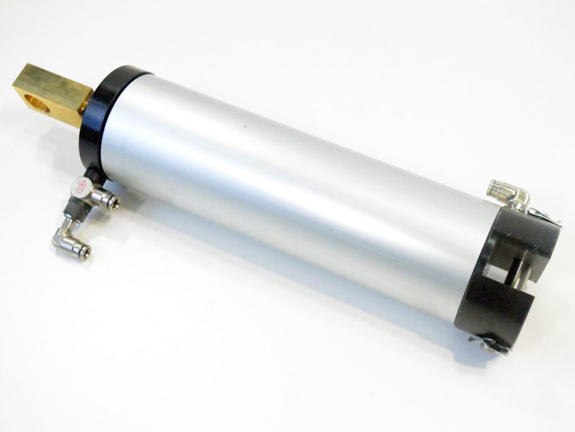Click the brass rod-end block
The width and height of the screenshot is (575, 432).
coord(54,93)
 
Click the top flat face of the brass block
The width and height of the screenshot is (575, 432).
coord(53,79)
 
